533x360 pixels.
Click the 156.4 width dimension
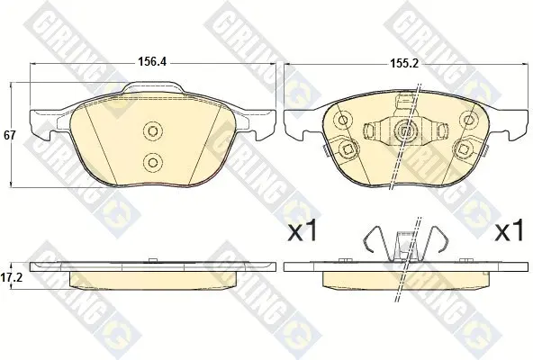[x=151, y=62]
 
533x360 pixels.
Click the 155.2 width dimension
[x=403, y=64]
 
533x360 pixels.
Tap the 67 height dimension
[x=10, y=135]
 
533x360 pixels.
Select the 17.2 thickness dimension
[x=11, y=278]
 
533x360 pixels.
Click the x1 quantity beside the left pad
[x=303, y=230]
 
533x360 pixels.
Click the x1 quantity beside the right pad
[x=509, y=230]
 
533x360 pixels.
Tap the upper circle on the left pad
[x=153, y=130]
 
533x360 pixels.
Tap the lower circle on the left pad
[x=153, y=162]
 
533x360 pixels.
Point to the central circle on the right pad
[x=405, y=130]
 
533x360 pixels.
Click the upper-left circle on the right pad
[x=344, y=120]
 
